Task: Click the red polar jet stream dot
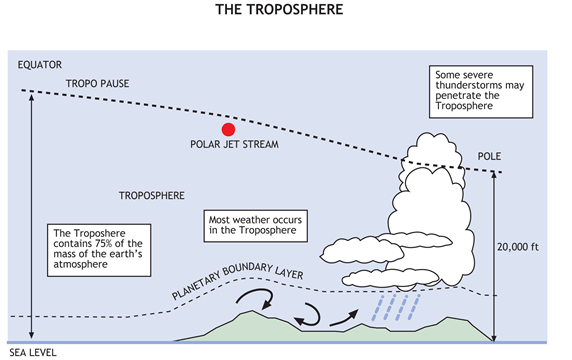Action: [228, 129]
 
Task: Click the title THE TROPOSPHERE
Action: [285, 11]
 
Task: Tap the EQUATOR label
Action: [39, 66]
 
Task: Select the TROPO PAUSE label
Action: [99, 83]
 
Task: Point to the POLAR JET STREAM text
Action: [233, 145]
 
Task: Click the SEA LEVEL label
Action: [34, 352]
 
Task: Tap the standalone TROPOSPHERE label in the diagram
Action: [152, 194]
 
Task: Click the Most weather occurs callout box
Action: [257, 224]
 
